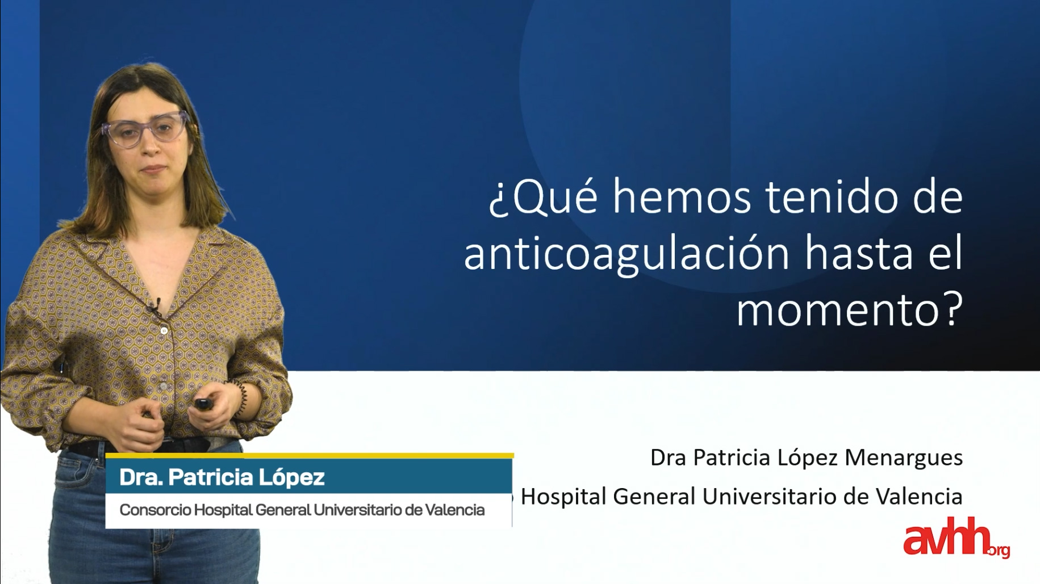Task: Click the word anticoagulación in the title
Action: click(x=626, y=254)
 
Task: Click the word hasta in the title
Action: click(x=859, y=254)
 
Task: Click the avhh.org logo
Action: click(x=956, y=537)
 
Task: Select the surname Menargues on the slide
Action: click(x=904, y=458)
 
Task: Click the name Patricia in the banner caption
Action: click(x=210, y=477)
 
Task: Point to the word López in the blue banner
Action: click(x=291, y=478)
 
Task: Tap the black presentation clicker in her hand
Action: click(x=203, y=404)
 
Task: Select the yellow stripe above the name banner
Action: click(x=310, y=455)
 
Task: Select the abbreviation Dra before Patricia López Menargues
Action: click(x=668, y=457)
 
